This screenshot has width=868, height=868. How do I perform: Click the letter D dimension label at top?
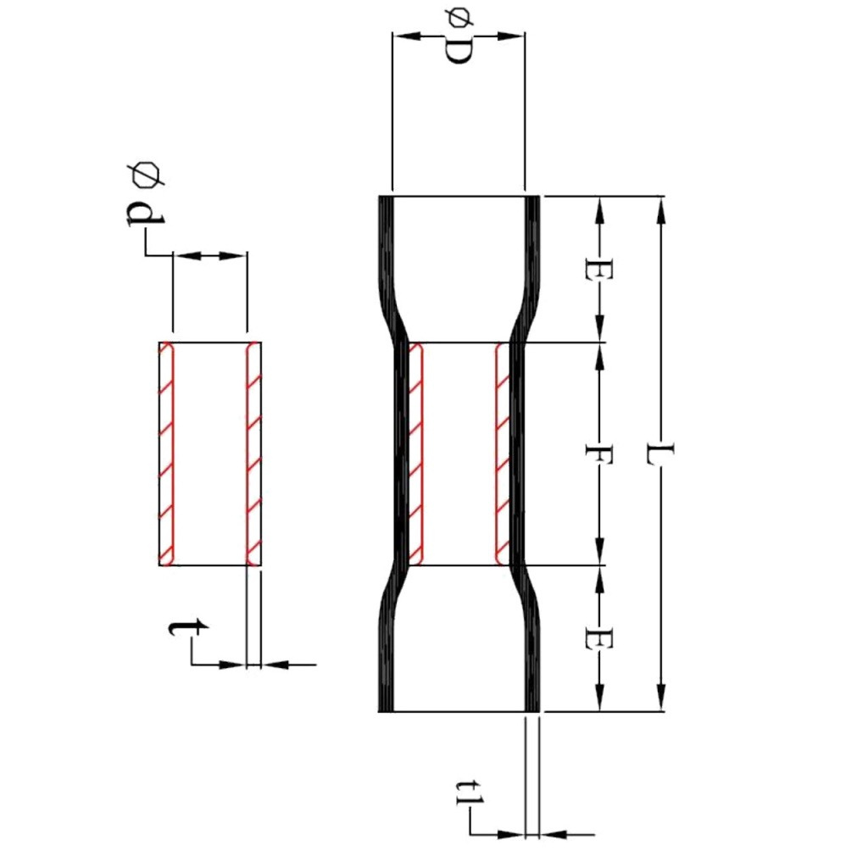click(x=458, y=53)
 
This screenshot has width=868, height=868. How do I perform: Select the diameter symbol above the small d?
click(x=145, y=175)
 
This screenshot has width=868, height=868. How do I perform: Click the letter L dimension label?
click(x=659, y=453)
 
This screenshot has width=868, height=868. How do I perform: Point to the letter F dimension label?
click(x=599, y=453)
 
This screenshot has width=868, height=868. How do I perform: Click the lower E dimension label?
click(x=599, y=638)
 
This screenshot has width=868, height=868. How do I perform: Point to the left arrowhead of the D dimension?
click(x=402, y=36)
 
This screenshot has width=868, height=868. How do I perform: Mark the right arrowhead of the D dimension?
click(x=515, y=36)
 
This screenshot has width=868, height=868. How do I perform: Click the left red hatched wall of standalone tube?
click(x=167, y=453)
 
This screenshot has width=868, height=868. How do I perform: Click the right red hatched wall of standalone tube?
click(x=253, y=453)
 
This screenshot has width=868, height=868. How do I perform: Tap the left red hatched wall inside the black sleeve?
click(x=415, y=453)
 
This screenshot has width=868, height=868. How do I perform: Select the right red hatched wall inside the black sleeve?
click(x=502, y=453)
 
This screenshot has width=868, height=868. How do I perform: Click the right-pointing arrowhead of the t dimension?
click(x=237, y=665)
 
